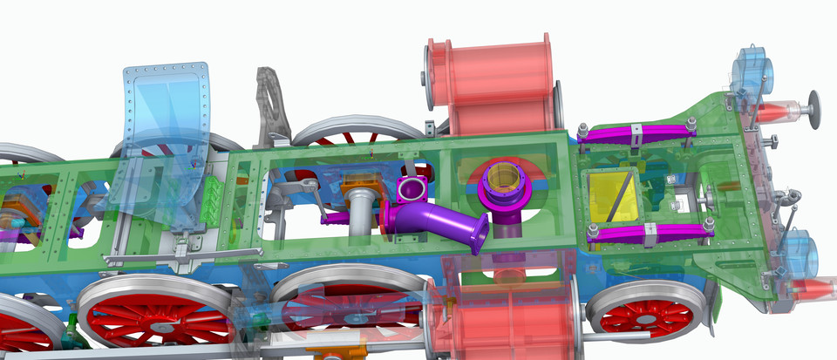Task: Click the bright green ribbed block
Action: point(213,201)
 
